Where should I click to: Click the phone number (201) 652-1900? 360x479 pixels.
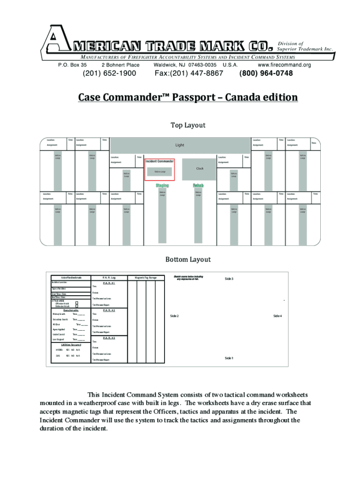pos(109,73)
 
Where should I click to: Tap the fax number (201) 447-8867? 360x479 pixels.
pos(188,73)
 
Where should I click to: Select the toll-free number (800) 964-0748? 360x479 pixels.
pos(266,73)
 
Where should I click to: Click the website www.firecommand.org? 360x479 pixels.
pos(284,65)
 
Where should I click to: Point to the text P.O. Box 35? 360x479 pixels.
pos(72,65)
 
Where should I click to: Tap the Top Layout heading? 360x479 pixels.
pos(188,125)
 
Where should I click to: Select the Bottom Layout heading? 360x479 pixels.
pos(188,259)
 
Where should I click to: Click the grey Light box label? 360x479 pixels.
pos(180,145)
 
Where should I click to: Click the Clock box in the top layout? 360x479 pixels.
pos(200,169)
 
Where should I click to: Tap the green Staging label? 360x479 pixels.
pos(162,186)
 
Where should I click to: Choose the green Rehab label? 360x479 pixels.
pos(198,186)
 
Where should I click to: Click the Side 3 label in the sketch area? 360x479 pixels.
pos(229,279)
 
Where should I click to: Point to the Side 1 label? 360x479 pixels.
pos(229,358)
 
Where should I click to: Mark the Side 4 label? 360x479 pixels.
pos(277,316)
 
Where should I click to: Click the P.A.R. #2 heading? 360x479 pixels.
pos(109,310)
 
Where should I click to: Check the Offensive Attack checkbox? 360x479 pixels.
pos(77,304)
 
